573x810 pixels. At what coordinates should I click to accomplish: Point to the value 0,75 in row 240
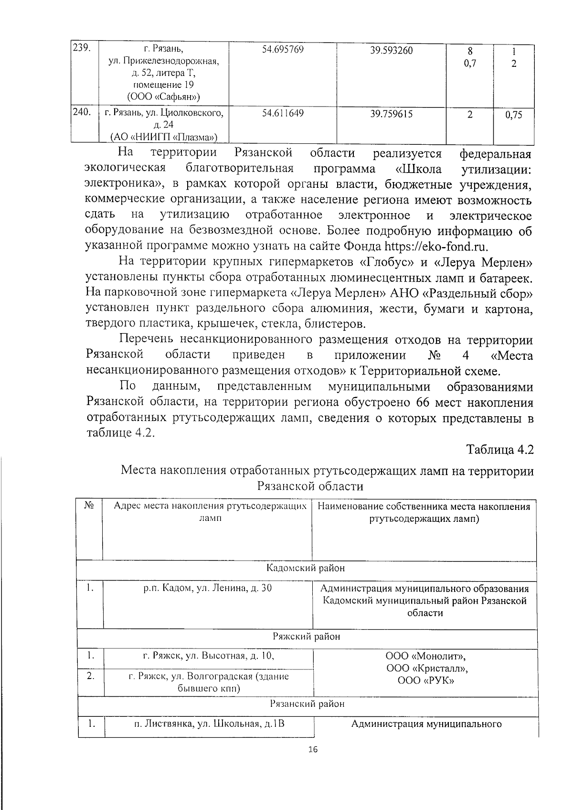click(513, 115)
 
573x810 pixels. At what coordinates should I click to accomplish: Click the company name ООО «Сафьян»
click(163, 97)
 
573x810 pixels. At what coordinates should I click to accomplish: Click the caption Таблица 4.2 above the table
click(500, 450)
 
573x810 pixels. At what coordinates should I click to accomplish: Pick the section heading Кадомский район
click(306, 568)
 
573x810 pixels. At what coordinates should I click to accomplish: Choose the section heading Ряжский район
click(306, 637)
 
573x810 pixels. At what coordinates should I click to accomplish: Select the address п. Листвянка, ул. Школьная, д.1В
click(209, 724)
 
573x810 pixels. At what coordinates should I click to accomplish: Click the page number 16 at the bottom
click(313, 749)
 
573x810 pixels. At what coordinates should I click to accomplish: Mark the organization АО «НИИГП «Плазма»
click(163, 137)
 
